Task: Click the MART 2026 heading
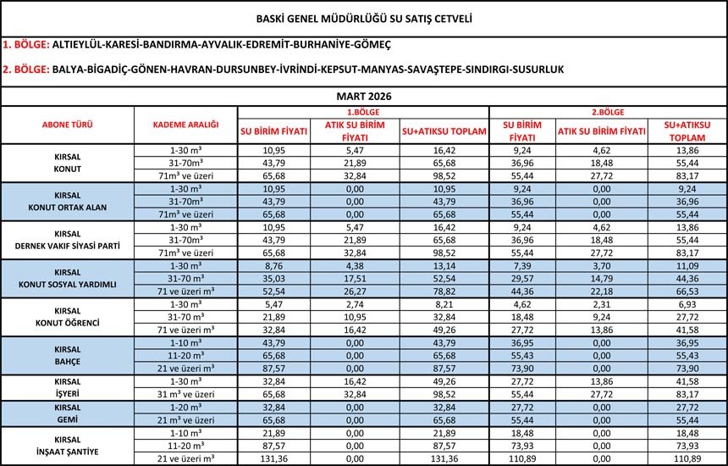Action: click(364, 97)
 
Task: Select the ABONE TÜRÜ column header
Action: click(68, 125)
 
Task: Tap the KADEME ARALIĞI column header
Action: click(185, 125)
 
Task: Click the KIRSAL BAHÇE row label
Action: click(68, 353)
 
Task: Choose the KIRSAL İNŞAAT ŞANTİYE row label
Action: click(68, 446)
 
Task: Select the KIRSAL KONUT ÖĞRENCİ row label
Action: click(68, 316)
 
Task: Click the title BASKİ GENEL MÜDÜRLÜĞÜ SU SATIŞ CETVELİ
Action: click(364, 17)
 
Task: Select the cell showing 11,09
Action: click(687, 264)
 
